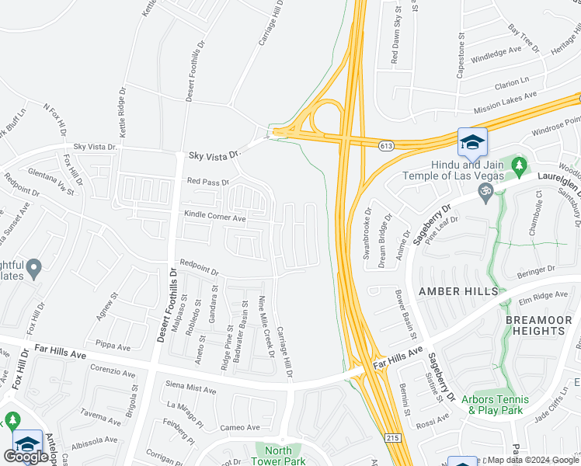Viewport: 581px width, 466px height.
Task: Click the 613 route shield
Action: [x=385, y=146]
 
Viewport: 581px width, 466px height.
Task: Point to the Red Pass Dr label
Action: [x=208, y=183]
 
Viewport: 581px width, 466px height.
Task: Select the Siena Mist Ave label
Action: [x=191, y=388]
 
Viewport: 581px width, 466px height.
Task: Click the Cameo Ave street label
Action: [x=239, y=427]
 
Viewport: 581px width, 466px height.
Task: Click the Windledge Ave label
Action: [x=496, y=54]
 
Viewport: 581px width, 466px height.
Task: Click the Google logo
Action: [x=27, y=457]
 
